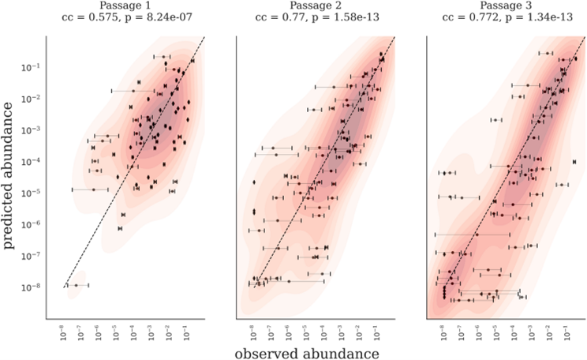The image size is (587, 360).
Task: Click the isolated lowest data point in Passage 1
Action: [77, 285]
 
